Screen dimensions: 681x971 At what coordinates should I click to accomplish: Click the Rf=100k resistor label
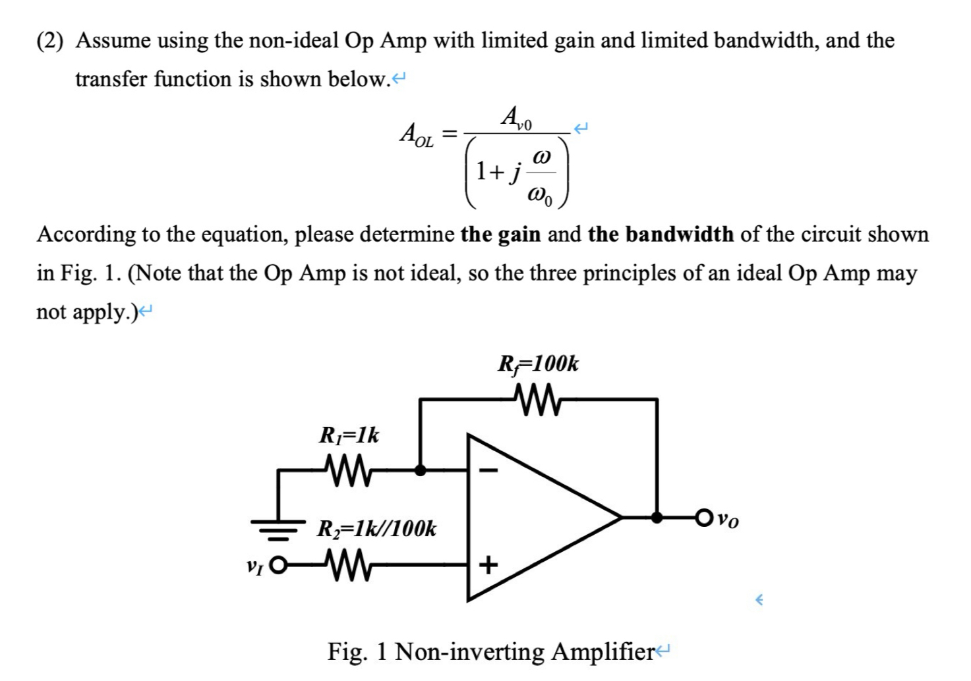(x=539, y=364)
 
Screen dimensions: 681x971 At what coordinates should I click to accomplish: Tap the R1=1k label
(x=349, y=435)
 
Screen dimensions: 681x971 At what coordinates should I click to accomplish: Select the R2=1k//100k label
(x=376, y=529)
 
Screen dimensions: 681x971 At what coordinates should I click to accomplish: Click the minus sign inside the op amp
(x=488, y=471)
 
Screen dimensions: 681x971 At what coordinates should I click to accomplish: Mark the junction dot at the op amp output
(x=657, y=518)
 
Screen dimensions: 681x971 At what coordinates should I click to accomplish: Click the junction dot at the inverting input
(x=420, y=470)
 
